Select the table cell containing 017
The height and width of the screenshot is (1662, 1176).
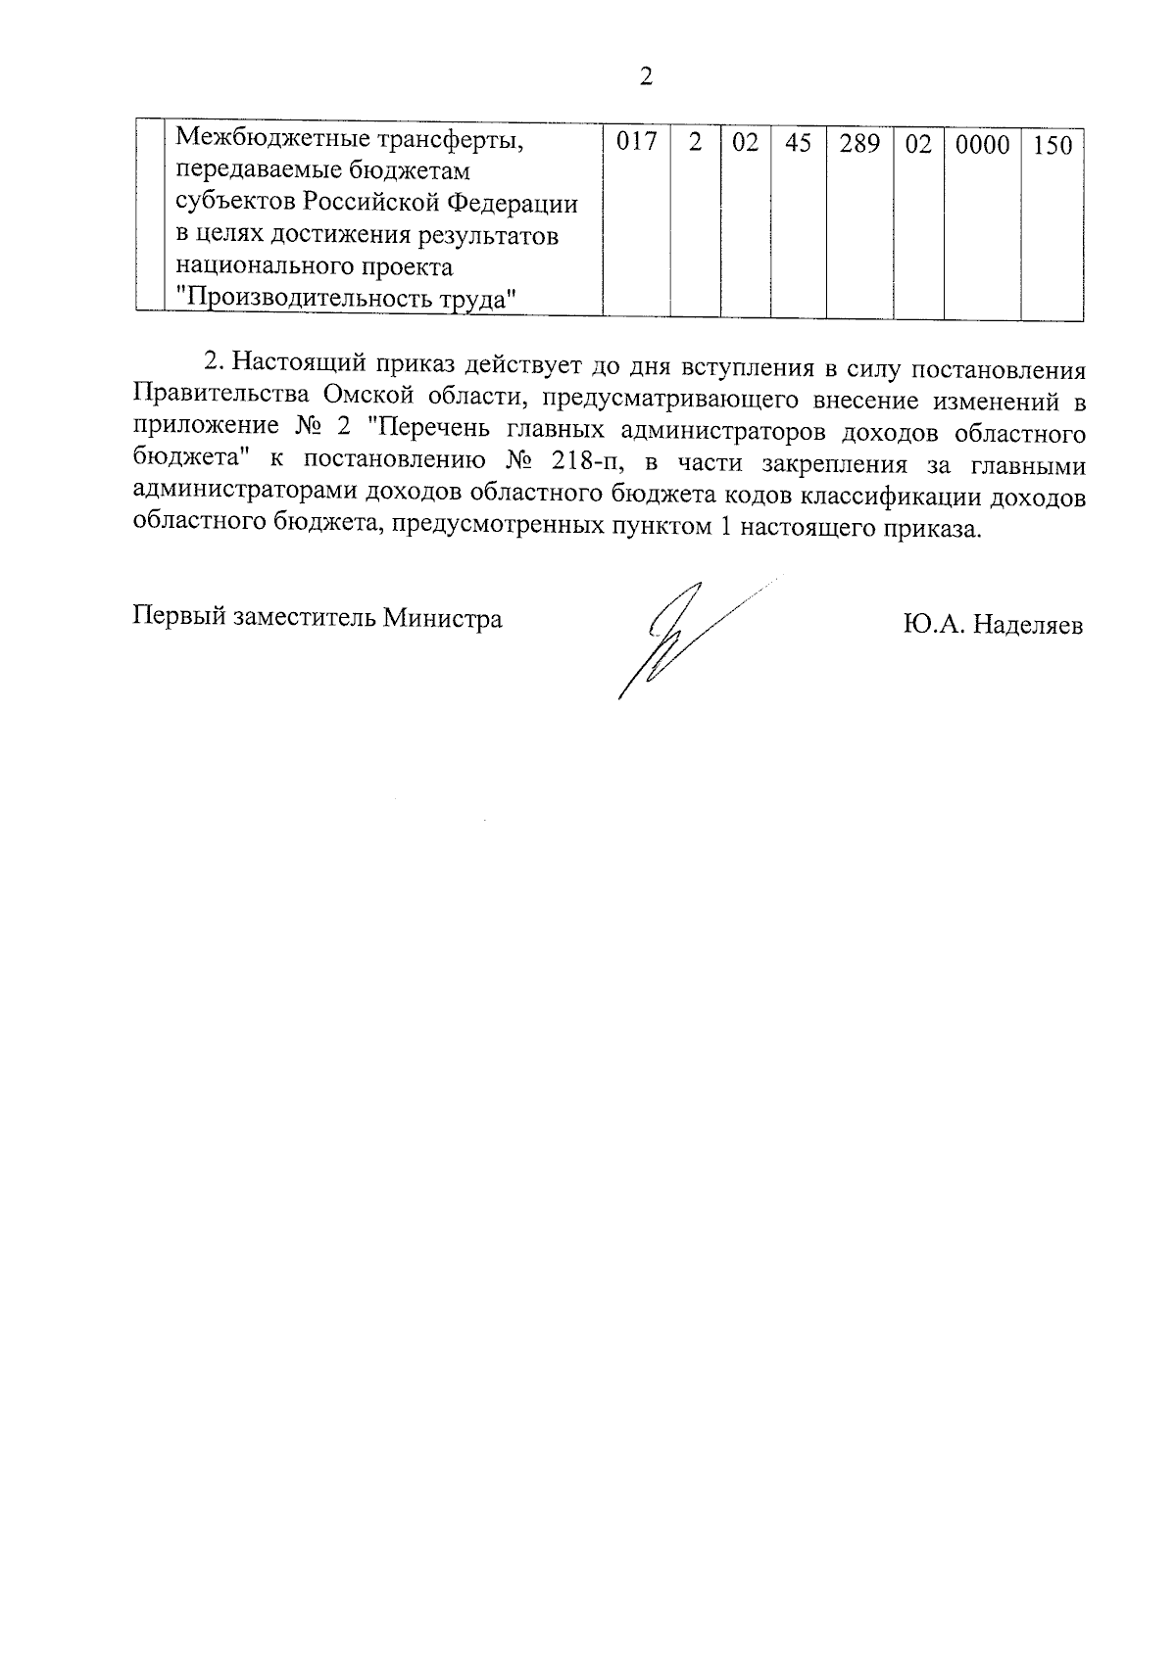(636, 144)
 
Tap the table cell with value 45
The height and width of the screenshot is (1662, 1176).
(799, 144)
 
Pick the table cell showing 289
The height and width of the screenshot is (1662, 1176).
(859, 144)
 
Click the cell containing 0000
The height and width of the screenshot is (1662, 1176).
(982, 145)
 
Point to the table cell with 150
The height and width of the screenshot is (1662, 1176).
(1053, 146)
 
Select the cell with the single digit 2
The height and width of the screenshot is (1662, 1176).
(696, 144)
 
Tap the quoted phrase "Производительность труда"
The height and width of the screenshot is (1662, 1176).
(346, 299)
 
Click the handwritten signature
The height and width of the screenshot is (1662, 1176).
(676, 637)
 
